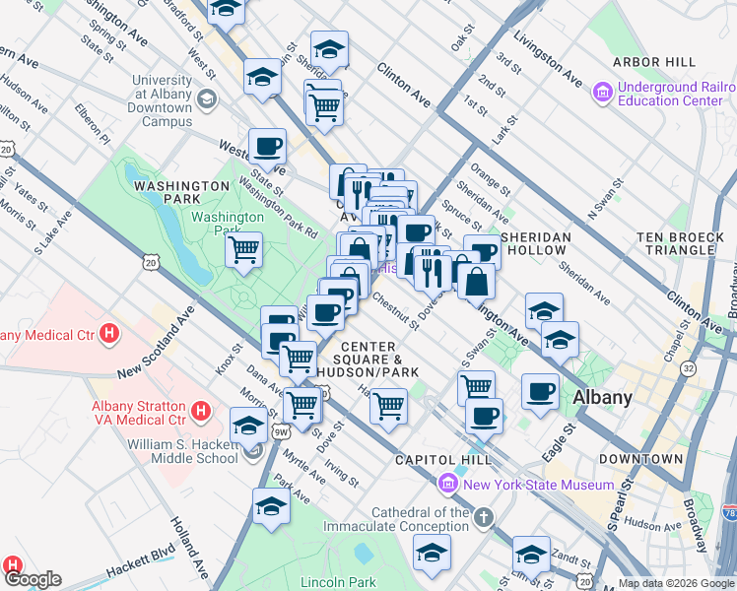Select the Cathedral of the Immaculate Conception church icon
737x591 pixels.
pyautogui.click(x=483, y=517)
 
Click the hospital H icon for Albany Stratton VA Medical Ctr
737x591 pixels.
pyautogui.click(x=200, y=409)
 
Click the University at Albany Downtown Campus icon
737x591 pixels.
pyautogui.click(x=208, y=98)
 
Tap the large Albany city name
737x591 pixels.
pyautogui.click(x=602, y=398)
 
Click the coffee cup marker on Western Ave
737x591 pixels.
pyautogui.click(x=267, y=148)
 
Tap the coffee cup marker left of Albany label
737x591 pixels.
pyautogui.click(x=540, y=391)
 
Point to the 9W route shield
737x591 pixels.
pyautogui.click(x=281, y=431)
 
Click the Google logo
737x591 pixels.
pyautogui.click(x=32, y=579)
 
